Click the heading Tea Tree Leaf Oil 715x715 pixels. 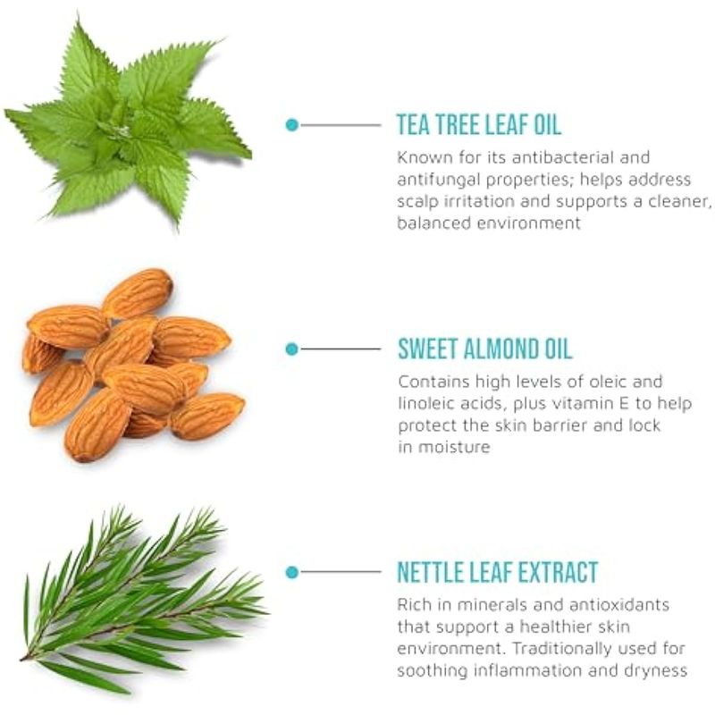pos(479,124)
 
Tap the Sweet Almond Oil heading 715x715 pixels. pos(484,349)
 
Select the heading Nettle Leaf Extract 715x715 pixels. pos(498,572)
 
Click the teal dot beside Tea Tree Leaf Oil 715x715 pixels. pos(292,124)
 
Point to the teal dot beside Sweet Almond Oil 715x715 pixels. pos(292,349)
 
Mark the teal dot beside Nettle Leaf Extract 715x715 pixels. pos(292,572)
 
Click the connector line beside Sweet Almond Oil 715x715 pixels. pos(341,349)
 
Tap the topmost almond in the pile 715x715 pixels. pos(138,293)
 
